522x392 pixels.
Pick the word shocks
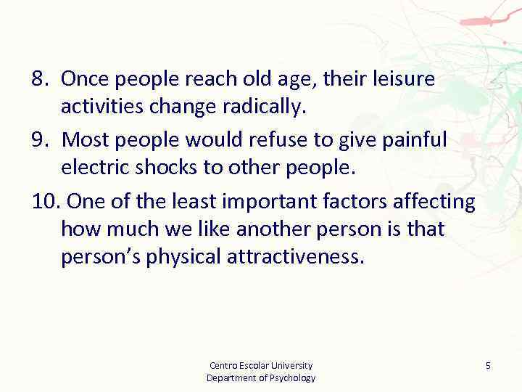(x=163, y=168)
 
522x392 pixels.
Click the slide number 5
(x=488, y=366)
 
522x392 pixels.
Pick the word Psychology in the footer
(x=289, y=377)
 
